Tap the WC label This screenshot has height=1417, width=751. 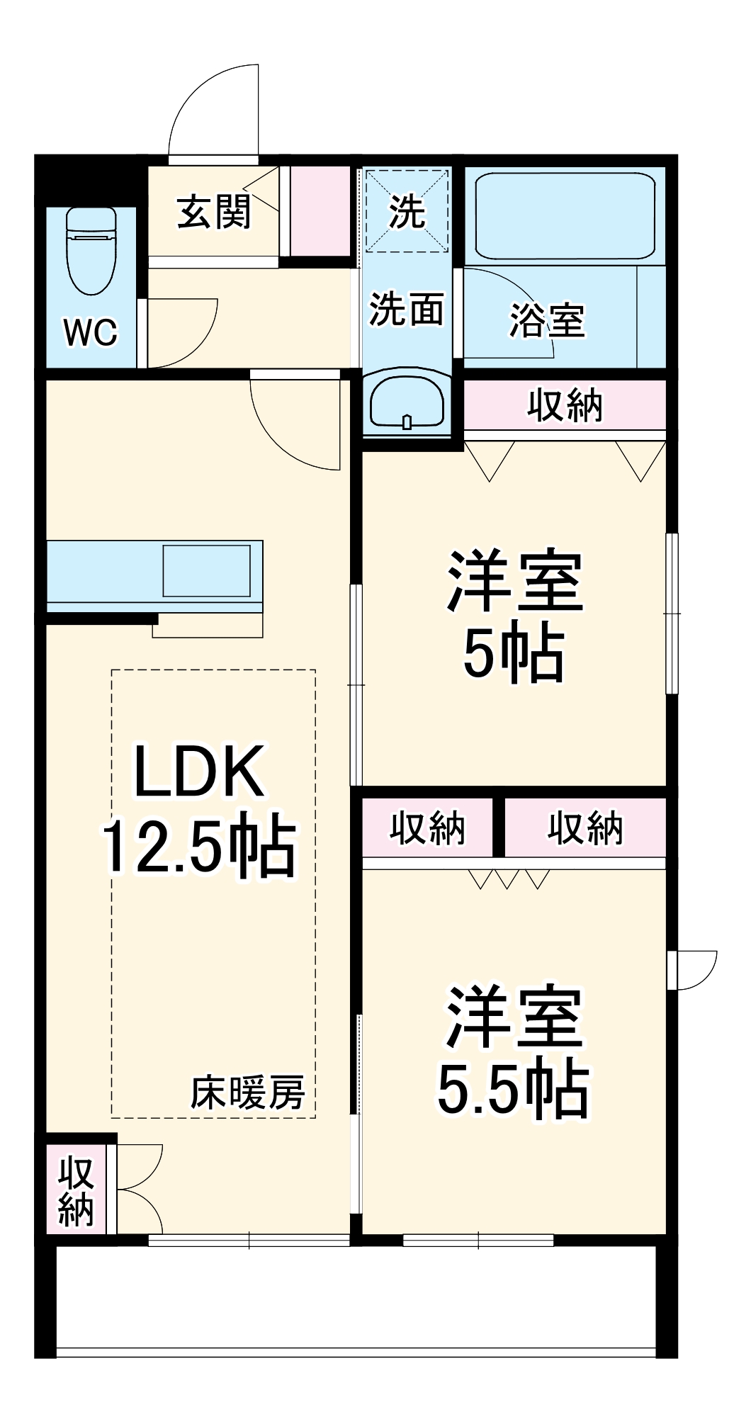pos(91,332)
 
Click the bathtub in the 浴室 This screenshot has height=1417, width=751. pos(565,215)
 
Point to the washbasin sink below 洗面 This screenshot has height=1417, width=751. pos(407,402)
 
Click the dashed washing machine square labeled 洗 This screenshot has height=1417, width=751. pos(407,210)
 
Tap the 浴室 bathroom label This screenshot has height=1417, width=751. pos(547,320)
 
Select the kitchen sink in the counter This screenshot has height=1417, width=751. pos(206,570)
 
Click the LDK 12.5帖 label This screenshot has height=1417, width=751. pos(199,808)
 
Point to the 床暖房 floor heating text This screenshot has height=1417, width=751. pos(247,1092)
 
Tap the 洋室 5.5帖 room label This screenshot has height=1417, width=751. pos(513,1051)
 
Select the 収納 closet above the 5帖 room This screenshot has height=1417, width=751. pos(565,405)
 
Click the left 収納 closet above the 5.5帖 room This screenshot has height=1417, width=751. pos(427,828)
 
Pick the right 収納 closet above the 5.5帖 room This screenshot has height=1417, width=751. pos(585,828)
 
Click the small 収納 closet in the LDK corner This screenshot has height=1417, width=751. pos(76,1191)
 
